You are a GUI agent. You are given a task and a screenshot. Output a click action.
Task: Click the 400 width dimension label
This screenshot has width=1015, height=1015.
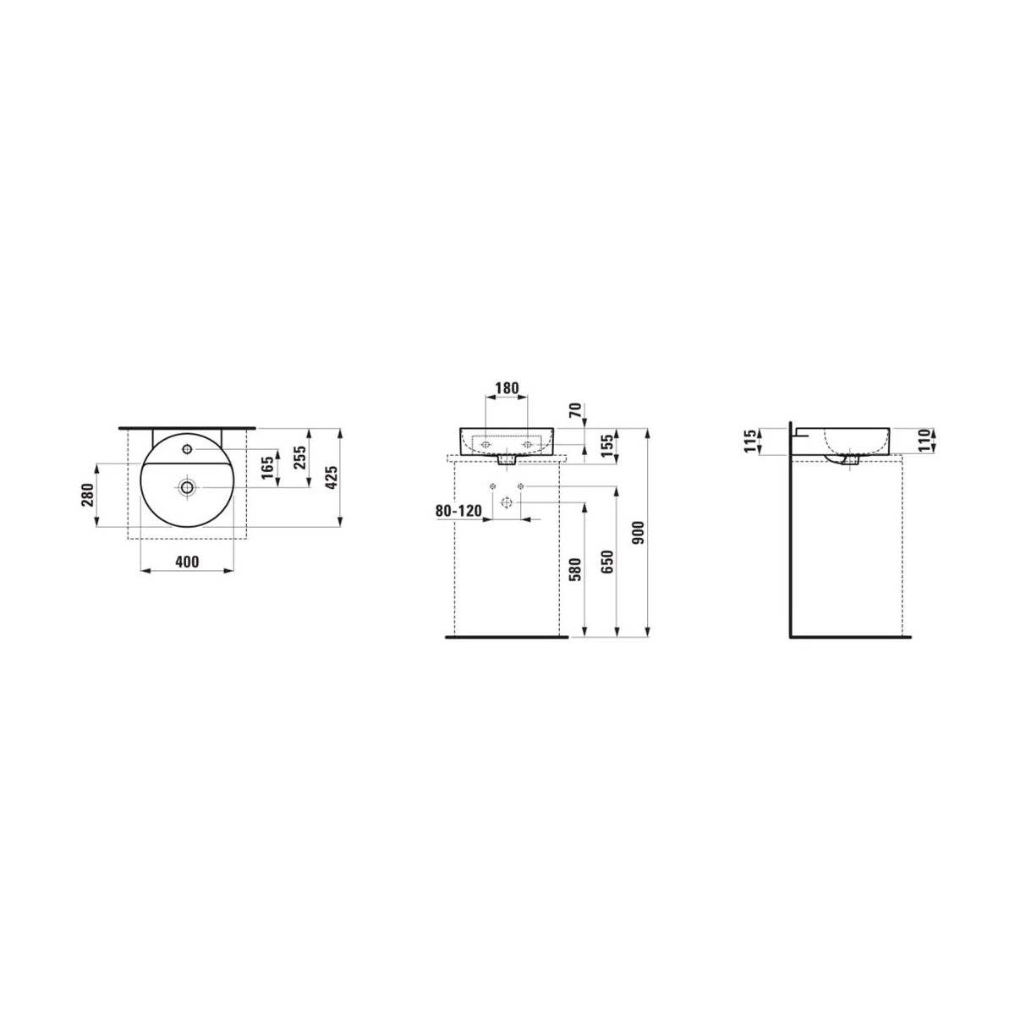click(x=188, y=562)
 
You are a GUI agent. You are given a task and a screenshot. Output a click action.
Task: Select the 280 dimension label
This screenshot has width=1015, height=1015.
click(x=87, y=495)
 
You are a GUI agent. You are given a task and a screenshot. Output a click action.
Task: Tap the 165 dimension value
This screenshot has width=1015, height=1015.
click(x=267, y=467)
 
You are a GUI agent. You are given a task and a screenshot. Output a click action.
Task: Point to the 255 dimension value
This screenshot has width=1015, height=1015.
click(x=299, y=458)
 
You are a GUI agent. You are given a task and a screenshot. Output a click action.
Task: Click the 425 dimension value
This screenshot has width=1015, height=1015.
click(x=332, y=477)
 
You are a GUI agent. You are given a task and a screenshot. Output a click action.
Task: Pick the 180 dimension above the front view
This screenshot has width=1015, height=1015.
click(x=507, y=388)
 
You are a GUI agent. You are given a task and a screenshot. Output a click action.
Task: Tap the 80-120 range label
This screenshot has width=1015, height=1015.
click(x=458, y=510)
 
